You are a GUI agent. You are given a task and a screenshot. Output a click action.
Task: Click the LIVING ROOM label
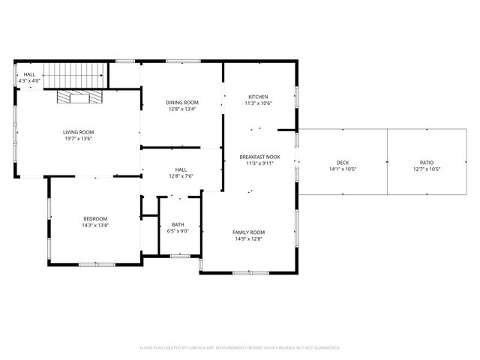(78, 132)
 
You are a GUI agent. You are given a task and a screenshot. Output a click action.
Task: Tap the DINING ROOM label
(181, 102)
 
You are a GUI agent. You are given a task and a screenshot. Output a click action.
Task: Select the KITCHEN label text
(258, 97)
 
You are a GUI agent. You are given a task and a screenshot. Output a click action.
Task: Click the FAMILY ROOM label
(248, 232)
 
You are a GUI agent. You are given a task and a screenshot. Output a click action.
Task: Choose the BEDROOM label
(95, 218)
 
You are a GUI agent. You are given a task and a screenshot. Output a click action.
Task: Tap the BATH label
(178, 224)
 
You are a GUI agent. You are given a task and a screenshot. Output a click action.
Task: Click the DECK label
(343, 163)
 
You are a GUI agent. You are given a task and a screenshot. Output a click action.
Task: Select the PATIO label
(427, 163)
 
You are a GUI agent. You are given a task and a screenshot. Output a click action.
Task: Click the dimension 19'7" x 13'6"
(78, 139)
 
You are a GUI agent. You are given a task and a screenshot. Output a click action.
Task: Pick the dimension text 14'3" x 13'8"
(95, 225)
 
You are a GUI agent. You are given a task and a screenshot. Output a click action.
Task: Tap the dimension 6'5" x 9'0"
(178, 231)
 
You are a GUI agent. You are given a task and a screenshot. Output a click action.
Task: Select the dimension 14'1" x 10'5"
(343, 169)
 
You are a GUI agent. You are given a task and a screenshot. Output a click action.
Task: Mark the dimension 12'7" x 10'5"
(427, 169)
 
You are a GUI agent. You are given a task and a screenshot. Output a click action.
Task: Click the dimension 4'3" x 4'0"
(29, 81)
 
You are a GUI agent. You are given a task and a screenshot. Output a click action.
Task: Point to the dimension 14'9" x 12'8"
(248, 239)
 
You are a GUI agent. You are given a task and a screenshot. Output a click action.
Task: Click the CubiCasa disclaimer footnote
(240, 347)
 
